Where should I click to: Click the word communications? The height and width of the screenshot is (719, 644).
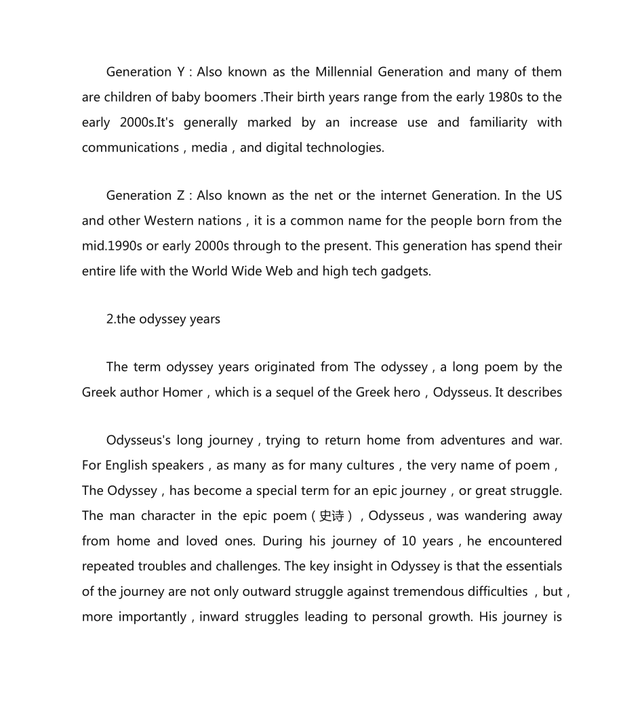130,148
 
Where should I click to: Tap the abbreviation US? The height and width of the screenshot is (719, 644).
553,196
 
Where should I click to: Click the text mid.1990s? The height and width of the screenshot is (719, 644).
111,246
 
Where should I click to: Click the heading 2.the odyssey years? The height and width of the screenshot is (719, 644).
163,319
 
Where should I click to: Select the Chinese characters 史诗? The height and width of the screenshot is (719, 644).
331,516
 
